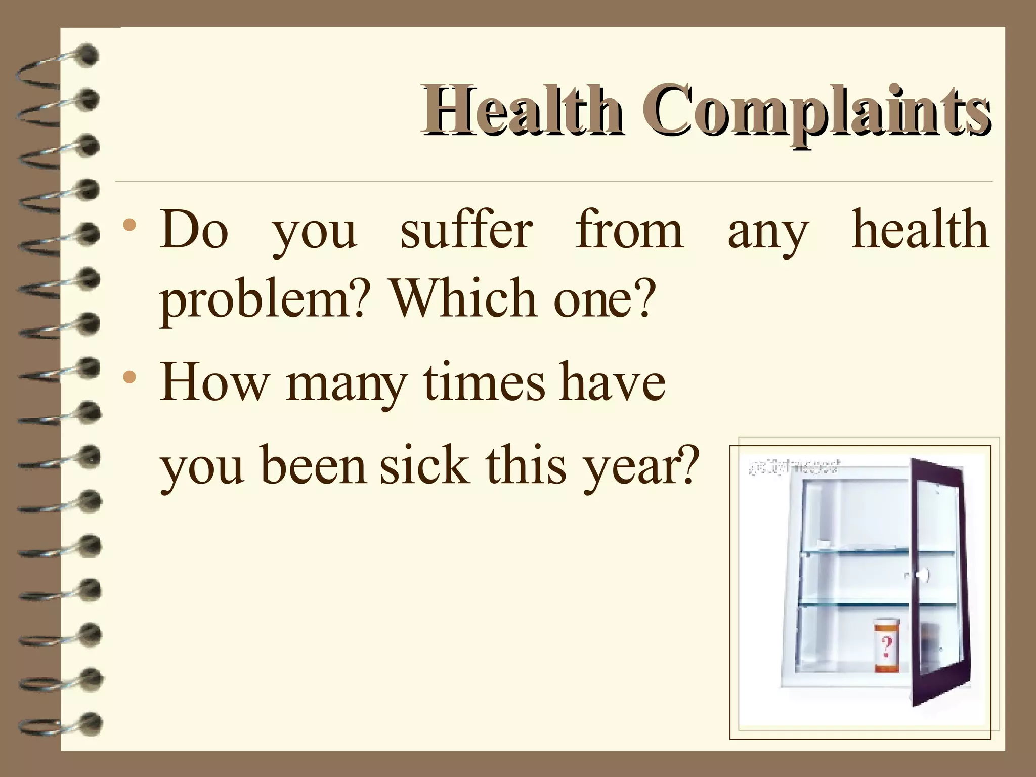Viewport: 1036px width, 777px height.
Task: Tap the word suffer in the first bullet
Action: [x=466, y=231]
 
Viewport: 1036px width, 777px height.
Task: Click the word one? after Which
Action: [x=604, y=298]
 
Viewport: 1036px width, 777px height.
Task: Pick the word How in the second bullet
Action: [x=213, y=382]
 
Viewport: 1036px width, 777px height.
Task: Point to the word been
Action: [x=314, y=465]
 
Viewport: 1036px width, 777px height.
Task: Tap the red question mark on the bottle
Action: [x=886, y=646]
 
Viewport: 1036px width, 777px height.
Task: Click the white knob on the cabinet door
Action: [x=922, y=575]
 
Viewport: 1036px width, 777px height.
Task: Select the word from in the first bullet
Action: [x=629, y=231]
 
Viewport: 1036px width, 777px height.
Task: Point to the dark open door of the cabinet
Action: [x=938, y=582]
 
